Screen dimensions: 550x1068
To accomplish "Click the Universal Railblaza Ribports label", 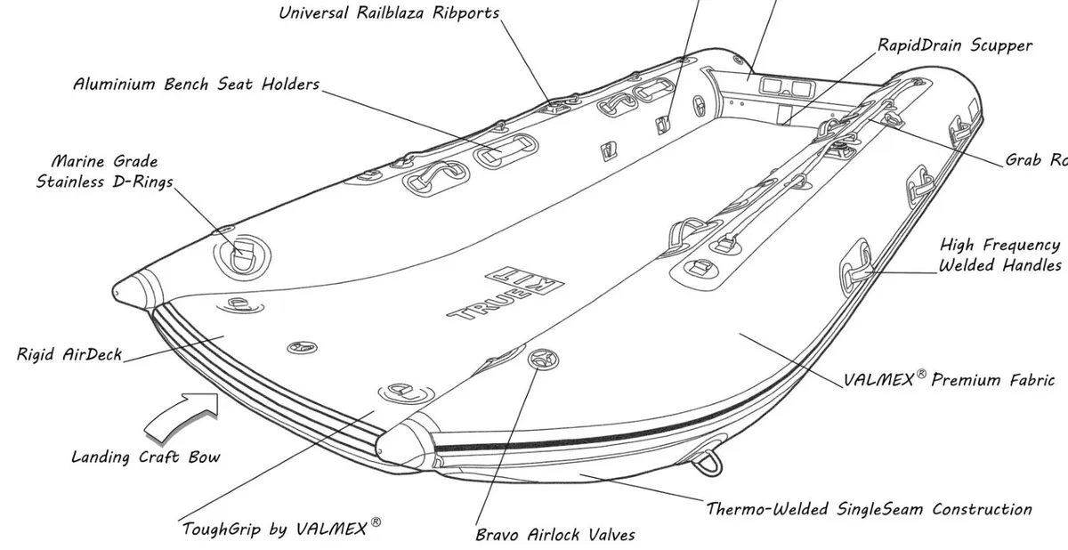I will (389, 13).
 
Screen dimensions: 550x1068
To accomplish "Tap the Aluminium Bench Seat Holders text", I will (196, 85).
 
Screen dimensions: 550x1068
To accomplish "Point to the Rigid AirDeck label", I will (69, 355).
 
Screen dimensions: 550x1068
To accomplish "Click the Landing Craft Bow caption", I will (145, 457).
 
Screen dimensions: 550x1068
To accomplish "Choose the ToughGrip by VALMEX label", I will (274, 529).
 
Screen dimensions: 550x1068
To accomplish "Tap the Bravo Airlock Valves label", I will (555, 535).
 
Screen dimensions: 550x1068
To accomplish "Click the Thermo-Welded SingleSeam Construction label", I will (869, 510).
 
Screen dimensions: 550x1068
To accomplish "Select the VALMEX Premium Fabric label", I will (949, 380).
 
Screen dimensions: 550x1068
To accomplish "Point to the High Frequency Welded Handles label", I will (999, 255).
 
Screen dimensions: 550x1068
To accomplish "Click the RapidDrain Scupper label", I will (955, 44).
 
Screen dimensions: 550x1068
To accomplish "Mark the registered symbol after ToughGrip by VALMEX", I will (376, 523).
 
